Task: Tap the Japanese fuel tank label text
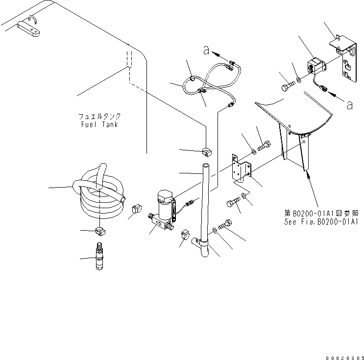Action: coord(99,117)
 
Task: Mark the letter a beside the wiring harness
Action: coord(207,50)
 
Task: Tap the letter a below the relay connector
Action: coord(349,104)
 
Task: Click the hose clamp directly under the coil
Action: coord(99,231)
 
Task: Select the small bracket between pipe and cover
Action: coord(241,170)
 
